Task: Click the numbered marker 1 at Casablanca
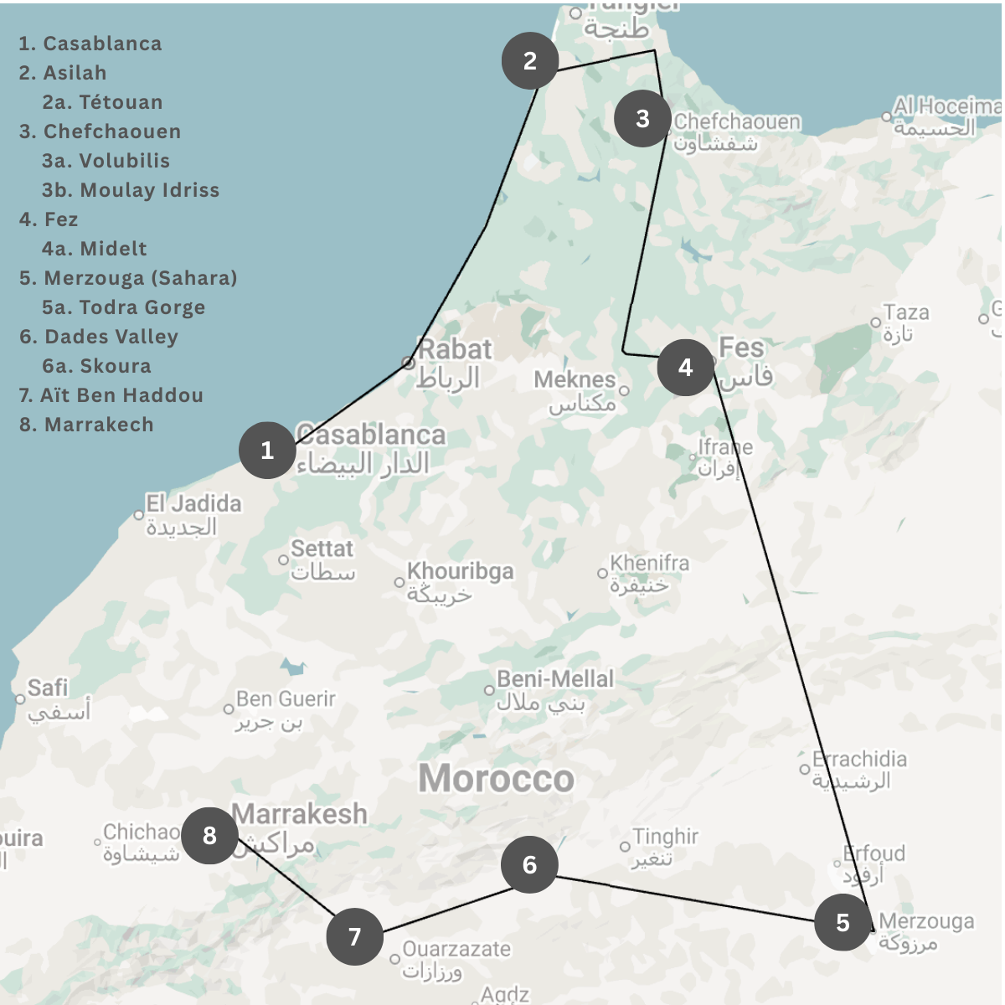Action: (267, 451)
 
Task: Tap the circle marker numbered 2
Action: (530, 61)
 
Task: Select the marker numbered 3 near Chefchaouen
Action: (642, 119)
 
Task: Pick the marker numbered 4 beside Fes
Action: (686, 368)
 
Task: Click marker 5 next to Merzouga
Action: (843, 923)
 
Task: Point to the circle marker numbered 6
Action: (530, 864)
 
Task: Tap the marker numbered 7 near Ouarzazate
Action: (355, 936)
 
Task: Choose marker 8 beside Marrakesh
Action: (209, 836)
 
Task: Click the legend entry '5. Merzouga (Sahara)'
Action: (128, 278)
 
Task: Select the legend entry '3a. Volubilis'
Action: (106, 161)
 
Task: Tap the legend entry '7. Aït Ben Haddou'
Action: (111, 395)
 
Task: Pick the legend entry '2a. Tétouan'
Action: (102, 102)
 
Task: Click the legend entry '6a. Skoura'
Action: (96, 366)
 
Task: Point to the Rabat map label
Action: (455, 350)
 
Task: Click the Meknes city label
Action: (575, 380)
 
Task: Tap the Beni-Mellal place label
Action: (555, 679)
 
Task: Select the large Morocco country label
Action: (497, 779)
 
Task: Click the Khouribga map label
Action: (460, 571)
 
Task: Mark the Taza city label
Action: (906, 313)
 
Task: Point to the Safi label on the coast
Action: (47, 688)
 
